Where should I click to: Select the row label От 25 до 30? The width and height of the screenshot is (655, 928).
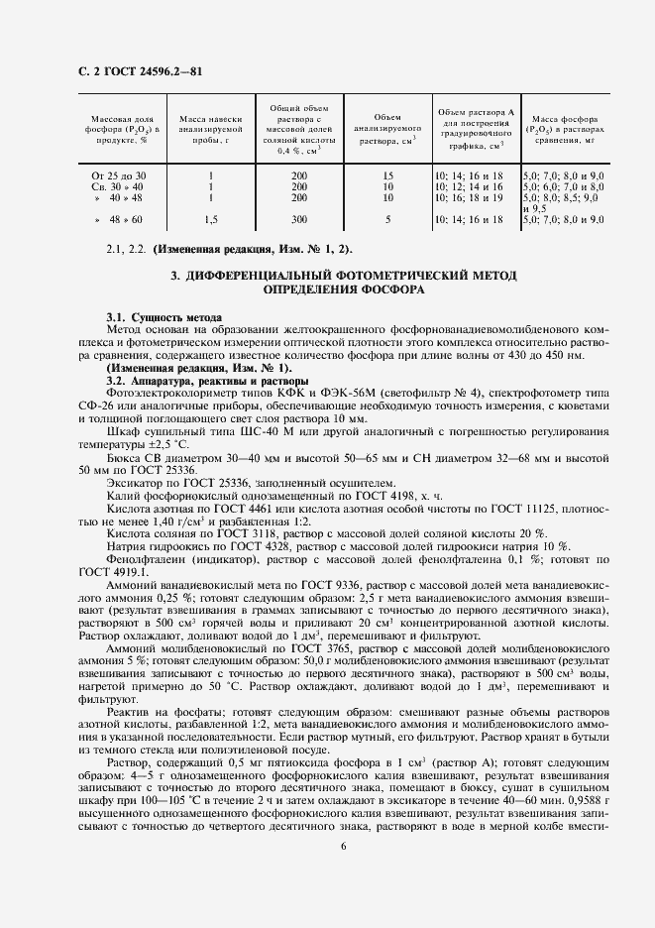[118, 174]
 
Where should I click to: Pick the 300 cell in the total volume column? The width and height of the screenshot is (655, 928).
[299, 218]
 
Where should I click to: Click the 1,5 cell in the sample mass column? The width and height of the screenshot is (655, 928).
[211, 218]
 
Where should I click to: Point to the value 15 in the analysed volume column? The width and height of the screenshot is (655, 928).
[387, 174]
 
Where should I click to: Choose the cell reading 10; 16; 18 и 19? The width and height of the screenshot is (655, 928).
[470, 197]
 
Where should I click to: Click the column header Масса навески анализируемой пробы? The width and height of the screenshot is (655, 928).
[211, 129]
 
